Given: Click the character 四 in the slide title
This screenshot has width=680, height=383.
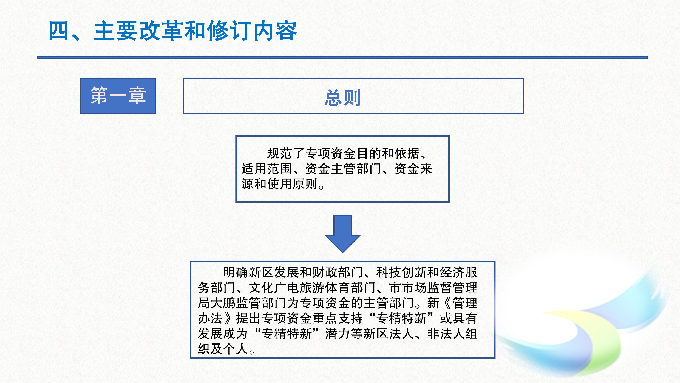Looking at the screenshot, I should [x=59, y=31].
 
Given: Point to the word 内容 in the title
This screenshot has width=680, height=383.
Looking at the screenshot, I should [x=274, y=31].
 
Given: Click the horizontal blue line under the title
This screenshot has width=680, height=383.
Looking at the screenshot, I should [x=342, y=57].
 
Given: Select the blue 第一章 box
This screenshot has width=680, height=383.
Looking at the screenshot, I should [x=118, y=96].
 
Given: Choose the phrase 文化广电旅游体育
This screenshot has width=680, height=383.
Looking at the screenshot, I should [x=300, y=288].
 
